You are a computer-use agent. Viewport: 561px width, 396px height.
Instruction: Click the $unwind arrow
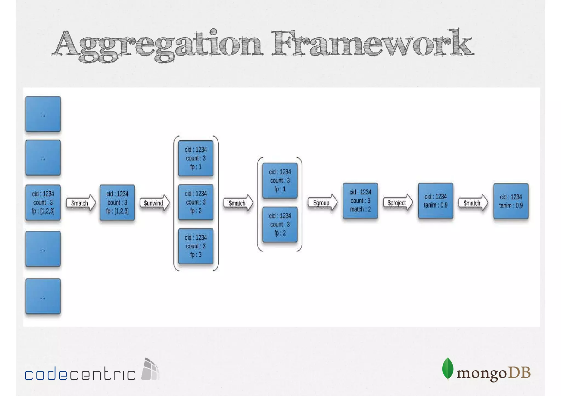[x=154, y=203]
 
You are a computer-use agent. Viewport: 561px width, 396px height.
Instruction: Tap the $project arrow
[x=397, y=203]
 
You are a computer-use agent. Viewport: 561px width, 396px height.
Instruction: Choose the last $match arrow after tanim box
[x=473, y=203]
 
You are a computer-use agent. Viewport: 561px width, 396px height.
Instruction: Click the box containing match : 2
[x=360, y=201]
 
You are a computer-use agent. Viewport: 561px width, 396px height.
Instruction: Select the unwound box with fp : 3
[x=196, y=246]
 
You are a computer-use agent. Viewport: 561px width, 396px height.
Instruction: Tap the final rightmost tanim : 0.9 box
[x=511, y=201]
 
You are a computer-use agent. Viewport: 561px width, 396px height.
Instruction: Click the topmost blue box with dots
[x=43, y=114]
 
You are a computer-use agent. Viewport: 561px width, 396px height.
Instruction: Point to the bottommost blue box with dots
[x=43, y=296]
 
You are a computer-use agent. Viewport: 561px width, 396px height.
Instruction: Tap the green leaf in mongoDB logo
[x=448, y=368]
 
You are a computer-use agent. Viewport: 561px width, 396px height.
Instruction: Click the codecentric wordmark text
[x=80, y=374]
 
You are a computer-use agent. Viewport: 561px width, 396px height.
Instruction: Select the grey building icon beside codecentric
[x=150, y=369]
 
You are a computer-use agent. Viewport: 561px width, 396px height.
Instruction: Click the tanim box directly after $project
[x=436, y=201]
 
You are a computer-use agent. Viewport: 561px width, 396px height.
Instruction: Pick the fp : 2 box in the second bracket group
[x=280, y=224]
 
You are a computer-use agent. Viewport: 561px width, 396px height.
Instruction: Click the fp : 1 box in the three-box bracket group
[x=196, y=158]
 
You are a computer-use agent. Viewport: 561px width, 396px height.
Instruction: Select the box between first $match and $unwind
[x=117, y=203]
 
